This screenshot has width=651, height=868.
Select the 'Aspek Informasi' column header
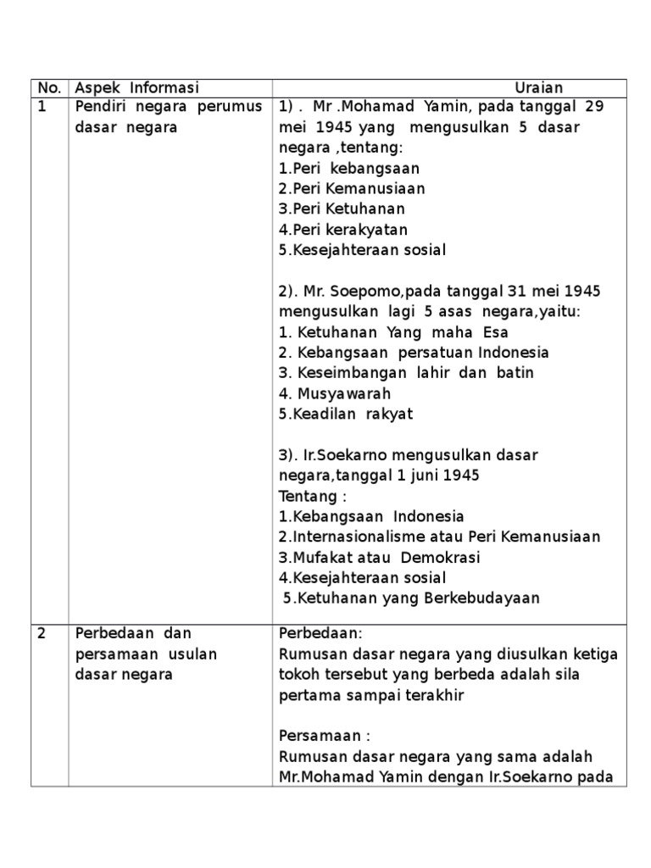(136, 88)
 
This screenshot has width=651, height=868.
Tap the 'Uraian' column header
(539, 88)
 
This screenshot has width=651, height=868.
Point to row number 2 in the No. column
(41, 633)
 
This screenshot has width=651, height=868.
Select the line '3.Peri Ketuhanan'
(342, 209)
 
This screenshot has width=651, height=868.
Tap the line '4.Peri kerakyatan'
(343, 230)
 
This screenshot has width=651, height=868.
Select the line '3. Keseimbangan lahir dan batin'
(406, 373)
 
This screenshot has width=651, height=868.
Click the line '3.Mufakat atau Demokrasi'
(379, 558)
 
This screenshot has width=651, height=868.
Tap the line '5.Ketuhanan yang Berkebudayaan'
(411, 598)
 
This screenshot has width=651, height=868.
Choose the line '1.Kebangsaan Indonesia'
(371, 517)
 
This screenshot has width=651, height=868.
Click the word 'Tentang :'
(313, 496)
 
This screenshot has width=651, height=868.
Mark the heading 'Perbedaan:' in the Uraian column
(320, 633)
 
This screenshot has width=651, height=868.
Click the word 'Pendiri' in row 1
(100, 107)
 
